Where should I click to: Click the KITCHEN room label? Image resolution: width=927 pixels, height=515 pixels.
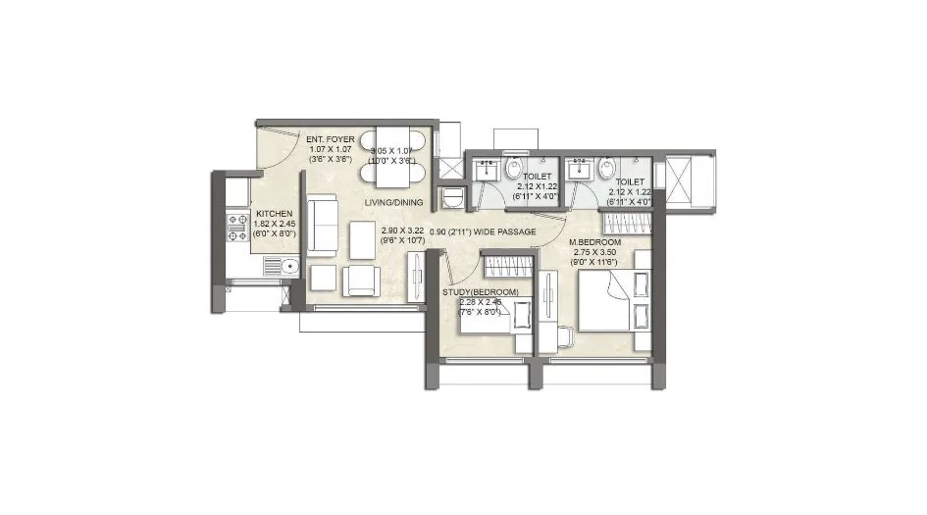[x=273, y=212]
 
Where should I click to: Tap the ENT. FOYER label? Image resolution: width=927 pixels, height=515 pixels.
[x=330, y=139]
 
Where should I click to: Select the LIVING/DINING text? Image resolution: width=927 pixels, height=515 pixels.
[x=393, y=202]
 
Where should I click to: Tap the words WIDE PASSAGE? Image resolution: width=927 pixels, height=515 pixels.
[x=506, y=232]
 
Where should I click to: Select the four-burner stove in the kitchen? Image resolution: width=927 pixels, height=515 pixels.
[x=238, y=228]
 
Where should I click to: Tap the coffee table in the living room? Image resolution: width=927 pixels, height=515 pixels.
[x=364, y=236]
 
